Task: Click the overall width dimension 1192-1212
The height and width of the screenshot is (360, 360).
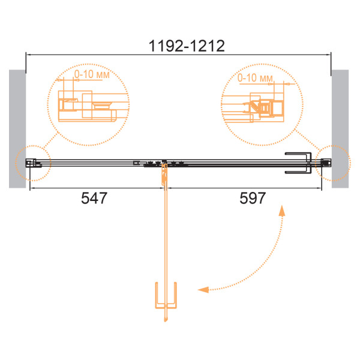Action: pos(187,46)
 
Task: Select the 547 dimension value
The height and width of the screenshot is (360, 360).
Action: pos(94,198)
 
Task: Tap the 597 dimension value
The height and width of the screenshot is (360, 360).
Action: pos(253,198)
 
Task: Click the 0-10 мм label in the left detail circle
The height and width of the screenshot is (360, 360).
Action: pos(92,74)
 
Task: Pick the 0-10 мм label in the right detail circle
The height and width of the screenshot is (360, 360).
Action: pos(255,78)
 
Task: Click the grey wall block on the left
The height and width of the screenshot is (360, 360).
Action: pos(17,129)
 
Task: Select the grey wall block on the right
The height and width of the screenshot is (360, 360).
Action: pos(340,129)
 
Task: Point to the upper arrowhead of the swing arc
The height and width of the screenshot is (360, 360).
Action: pos(282,211)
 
